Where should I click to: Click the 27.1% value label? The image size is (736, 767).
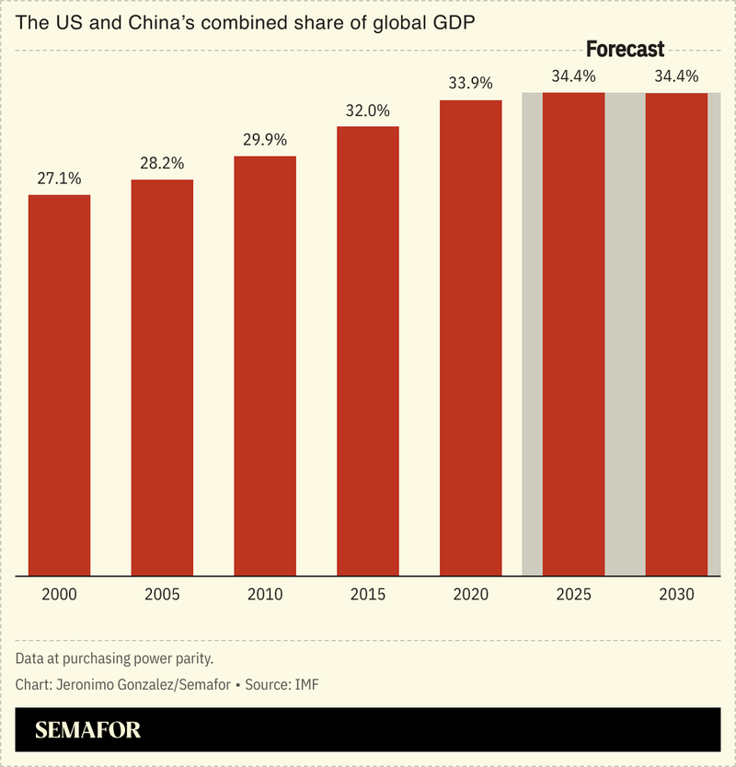click(59, 179)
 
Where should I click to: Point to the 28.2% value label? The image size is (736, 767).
click(162, 163)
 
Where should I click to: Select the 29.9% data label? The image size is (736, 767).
click(265, 140)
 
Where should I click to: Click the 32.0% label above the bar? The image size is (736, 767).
click(368, 110)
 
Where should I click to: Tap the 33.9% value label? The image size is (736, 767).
click(470, 84)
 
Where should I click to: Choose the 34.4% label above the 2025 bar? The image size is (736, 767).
click(573, 76)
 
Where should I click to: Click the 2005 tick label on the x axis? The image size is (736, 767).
click(162, 594)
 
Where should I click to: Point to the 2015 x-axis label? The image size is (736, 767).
click(368, 594)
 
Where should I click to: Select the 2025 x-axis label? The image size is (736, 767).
click(573, 594)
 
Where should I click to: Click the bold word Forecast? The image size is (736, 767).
click(625, 50)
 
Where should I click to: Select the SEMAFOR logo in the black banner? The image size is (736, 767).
click(88, 731)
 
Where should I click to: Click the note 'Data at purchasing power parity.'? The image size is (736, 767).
click(114, 659)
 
